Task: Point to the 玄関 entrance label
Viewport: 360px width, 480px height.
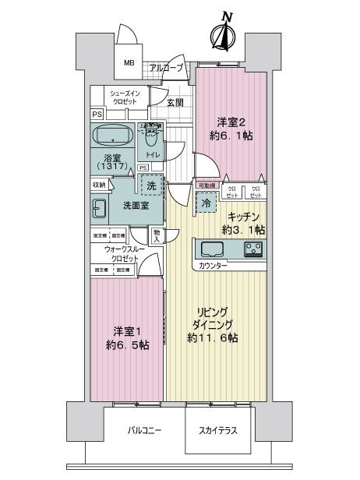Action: click(175, 103)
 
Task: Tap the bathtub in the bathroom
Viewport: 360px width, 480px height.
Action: click(115, 136)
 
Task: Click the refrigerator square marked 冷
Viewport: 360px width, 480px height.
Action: click(206, 203)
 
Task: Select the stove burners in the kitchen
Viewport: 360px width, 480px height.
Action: click(252, 249)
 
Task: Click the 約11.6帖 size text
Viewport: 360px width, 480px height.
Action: click(212, 337)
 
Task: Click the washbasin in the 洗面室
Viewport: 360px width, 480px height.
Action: click(101, 208)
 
